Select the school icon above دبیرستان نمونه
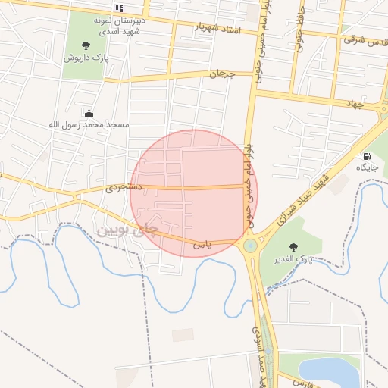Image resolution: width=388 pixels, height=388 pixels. [x=119, y=8]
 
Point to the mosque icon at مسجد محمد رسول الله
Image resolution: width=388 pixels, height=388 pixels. [x=89, y=112]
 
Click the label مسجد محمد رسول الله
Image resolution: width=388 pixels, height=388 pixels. [x=89, y=124]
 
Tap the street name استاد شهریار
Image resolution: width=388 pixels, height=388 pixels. [x=217, y=30]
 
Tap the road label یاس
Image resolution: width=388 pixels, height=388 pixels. [x=200, y=244]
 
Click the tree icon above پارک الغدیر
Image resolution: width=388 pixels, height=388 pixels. [x=293, y=247]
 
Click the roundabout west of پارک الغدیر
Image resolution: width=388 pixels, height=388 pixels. [x=250, y=246]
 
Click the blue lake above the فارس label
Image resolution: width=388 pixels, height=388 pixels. [x=327, y=371]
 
